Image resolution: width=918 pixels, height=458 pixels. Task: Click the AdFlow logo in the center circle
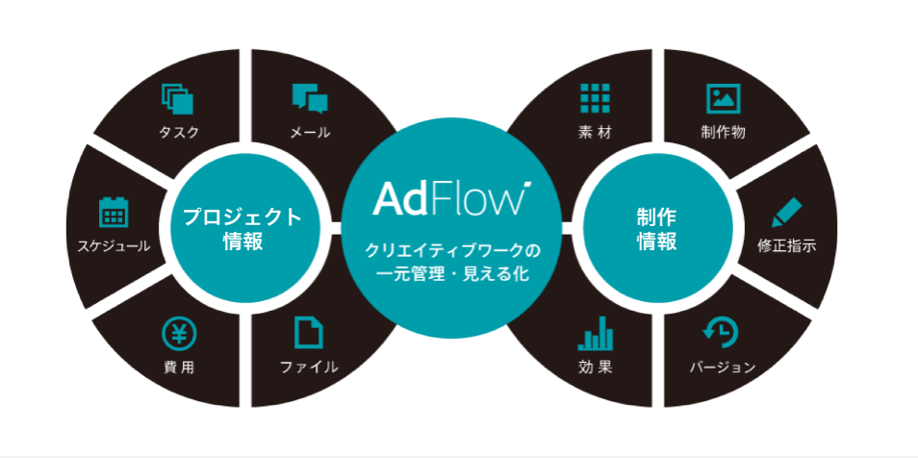tap(451, 197)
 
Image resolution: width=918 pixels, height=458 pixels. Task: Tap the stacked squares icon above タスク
tap(178, 98)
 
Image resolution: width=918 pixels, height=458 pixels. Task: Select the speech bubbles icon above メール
tap(310, 98)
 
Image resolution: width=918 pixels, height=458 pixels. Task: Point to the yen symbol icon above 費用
tap(179, 334)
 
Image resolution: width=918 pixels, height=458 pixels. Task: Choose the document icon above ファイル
tap(309, 333)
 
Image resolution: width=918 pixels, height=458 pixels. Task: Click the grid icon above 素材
tap(596, 98)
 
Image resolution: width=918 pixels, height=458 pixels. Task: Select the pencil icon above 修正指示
tap(786, 212)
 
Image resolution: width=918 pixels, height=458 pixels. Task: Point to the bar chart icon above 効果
tap(596, 334)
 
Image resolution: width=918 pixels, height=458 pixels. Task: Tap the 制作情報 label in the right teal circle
tap(656, 228)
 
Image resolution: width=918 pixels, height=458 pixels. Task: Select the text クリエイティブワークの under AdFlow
tap(451, 250)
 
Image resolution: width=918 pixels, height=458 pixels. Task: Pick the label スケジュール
tap(114, 246)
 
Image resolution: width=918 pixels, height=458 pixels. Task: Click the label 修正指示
tap(786, 246)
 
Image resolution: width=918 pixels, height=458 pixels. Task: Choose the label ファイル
tap(309, 367)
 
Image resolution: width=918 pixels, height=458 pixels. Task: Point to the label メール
tap(310, 132)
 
